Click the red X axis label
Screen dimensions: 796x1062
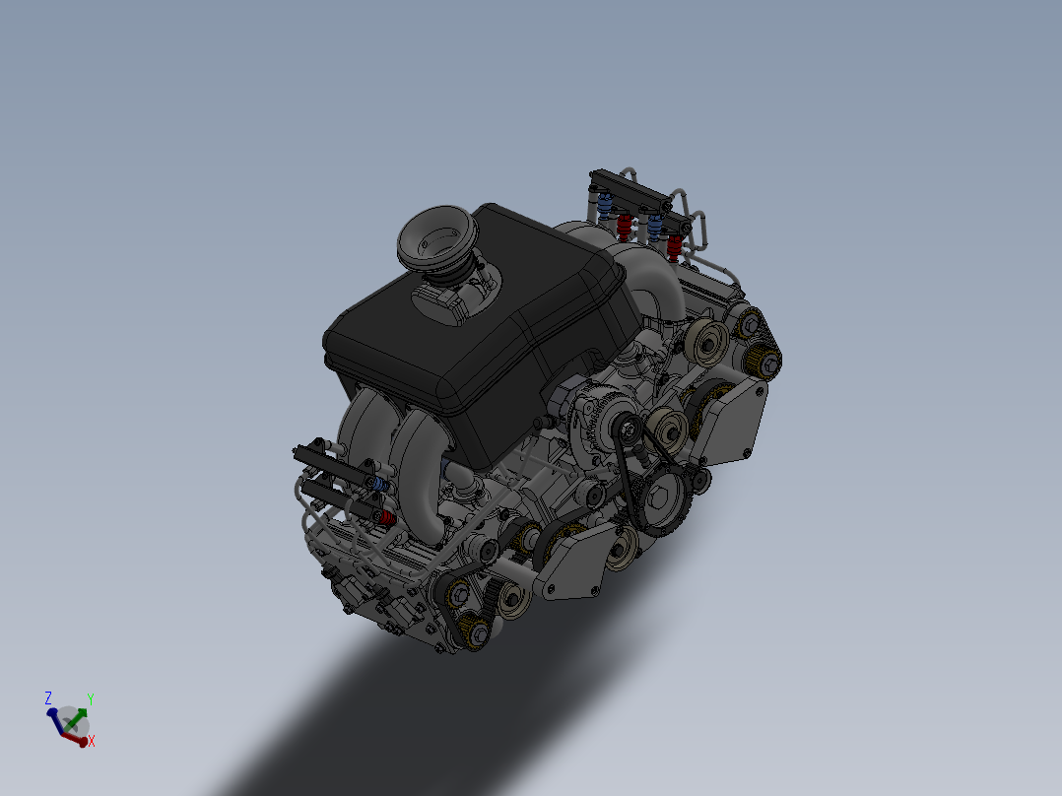(x=91, y=741)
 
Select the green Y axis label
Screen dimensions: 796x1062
(x=90, y=699)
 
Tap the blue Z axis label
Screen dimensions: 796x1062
(x=48, y=697)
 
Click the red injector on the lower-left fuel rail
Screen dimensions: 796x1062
(x=385, y=517)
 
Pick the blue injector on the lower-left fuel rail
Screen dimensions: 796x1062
(x=378, y=485)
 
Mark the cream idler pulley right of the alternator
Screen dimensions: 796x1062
(x=670, y=429)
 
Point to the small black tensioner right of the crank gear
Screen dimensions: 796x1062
(x=700, y=480)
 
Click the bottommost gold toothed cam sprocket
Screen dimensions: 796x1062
(x=477, y=635)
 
